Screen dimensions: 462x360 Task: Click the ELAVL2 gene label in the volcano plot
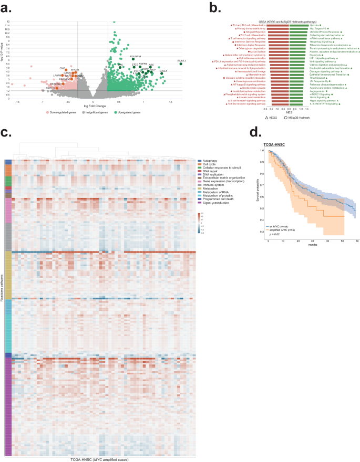(x=181, y=60)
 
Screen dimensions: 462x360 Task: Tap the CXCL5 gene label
(x=163, y=70)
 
